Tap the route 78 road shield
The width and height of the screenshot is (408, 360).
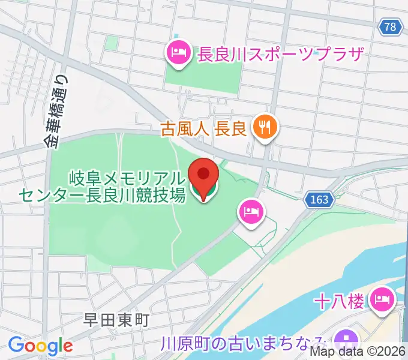pos(391,26)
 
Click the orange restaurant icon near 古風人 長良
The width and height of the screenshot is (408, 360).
pos(264,127)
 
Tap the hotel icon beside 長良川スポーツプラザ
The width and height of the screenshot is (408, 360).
pos(179,54)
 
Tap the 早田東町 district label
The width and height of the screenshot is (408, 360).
pos(116,320)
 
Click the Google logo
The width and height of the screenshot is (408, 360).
pos(40,346)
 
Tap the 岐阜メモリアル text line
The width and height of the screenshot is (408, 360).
pos(125,178)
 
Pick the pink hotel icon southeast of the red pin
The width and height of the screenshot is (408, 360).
pos(248,211)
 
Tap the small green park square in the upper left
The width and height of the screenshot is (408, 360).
pos(112,43)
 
